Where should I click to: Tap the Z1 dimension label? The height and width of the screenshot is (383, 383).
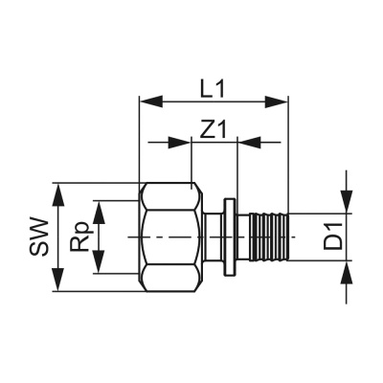pos(213,128)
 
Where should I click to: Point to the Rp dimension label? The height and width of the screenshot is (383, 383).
pos(81,237)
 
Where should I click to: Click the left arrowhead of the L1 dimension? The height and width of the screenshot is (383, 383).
pos(149,99)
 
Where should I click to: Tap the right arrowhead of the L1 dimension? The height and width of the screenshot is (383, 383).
pos(280,99)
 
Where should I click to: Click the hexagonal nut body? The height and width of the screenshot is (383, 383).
pos(172,237)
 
